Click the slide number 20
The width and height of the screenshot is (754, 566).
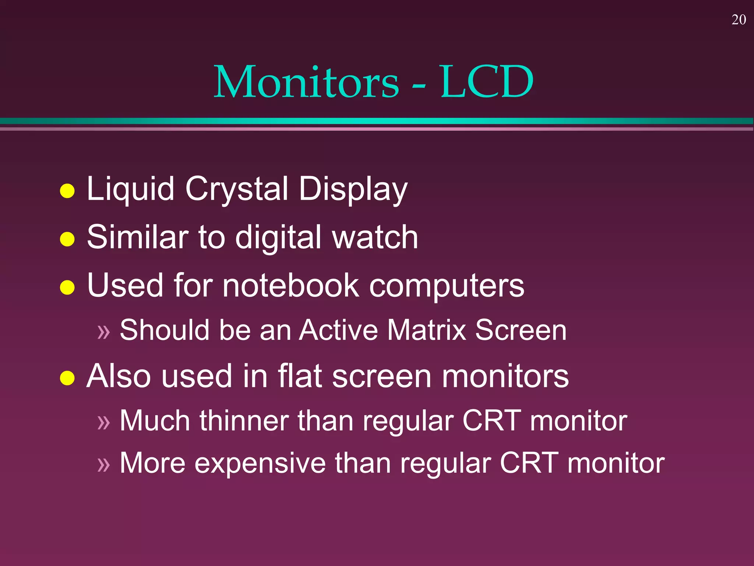point(739,20)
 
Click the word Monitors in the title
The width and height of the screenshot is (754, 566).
point(306,82)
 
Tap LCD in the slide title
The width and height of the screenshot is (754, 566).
point(487,82)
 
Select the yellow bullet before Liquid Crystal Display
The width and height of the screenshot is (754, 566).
point(67,191)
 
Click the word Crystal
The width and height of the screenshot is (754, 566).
point(237,189)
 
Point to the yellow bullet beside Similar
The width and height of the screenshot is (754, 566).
point(67,239)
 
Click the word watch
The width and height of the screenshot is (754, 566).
point(375,237)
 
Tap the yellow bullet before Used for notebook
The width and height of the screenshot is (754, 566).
point(67,287)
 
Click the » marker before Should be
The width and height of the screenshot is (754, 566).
point(104,332)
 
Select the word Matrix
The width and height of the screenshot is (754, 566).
point(427,330)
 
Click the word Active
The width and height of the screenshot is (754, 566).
point(338,330)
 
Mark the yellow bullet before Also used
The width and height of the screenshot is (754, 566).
point(67,378)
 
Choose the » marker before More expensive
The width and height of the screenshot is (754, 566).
point(104,465)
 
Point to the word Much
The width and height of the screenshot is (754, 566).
point(155,420)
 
